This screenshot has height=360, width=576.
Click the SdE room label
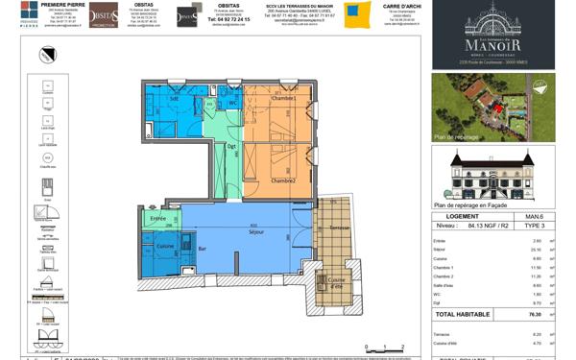(175, 98)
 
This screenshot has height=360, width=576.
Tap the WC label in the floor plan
(232, 103)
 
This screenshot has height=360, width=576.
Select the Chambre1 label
(282, 99)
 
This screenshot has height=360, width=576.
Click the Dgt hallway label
(231, 146)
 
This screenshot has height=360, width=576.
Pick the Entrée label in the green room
(157, 218)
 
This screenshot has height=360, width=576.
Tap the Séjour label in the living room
(256, 232)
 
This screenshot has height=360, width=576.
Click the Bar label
(203, 249)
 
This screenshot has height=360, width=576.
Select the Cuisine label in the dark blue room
(164, 246)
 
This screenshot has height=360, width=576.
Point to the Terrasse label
(340, 227)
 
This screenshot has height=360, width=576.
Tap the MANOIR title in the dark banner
(493, 44)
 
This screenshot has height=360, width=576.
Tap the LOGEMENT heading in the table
(455, 218)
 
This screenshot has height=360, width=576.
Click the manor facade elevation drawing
(492, 174)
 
